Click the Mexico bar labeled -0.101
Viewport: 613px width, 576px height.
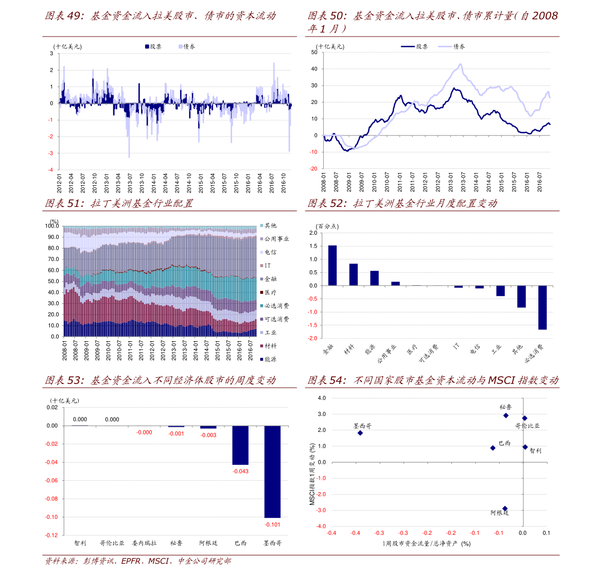pos(272,471)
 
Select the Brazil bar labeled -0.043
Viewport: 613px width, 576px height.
pos(240,445)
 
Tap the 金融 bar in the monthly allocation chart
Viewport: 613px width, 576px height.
pos(332,265)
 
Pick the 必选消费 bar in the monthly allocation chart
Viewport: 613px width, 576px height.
pos(542,307)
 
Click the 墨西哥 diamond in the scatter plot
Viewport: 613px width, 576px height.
pos(360,433)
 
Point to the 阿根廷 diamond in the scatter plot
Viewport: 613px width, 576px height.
pos(505,509)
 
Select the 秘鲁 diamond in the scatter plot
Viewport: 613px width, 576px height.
pos(506,415)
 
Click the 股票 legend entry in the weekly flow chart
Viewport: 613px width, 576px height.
pos(153,46)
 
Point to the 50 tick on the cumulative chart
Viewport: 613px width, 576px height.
pos(314,53)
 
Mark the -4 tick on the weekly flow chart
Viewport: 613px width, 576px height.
pos(51,170)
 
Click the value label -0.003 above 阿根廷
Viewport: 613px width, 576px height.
pos(208,435)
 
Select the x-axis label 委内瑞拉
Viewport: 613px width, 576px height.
pos(144,543)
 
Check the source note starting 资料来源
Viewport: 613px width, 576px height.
pos(137,561)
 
